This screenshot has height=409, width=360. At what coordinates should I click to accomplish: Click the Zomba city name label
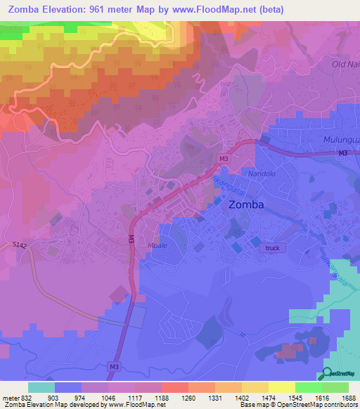(247, 205)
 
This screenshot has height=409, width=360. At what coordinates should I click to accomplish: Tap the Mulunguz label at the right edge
(341, 140)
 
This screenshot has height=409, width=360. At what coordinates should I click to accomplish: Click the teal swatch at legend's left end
(41, 387)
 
